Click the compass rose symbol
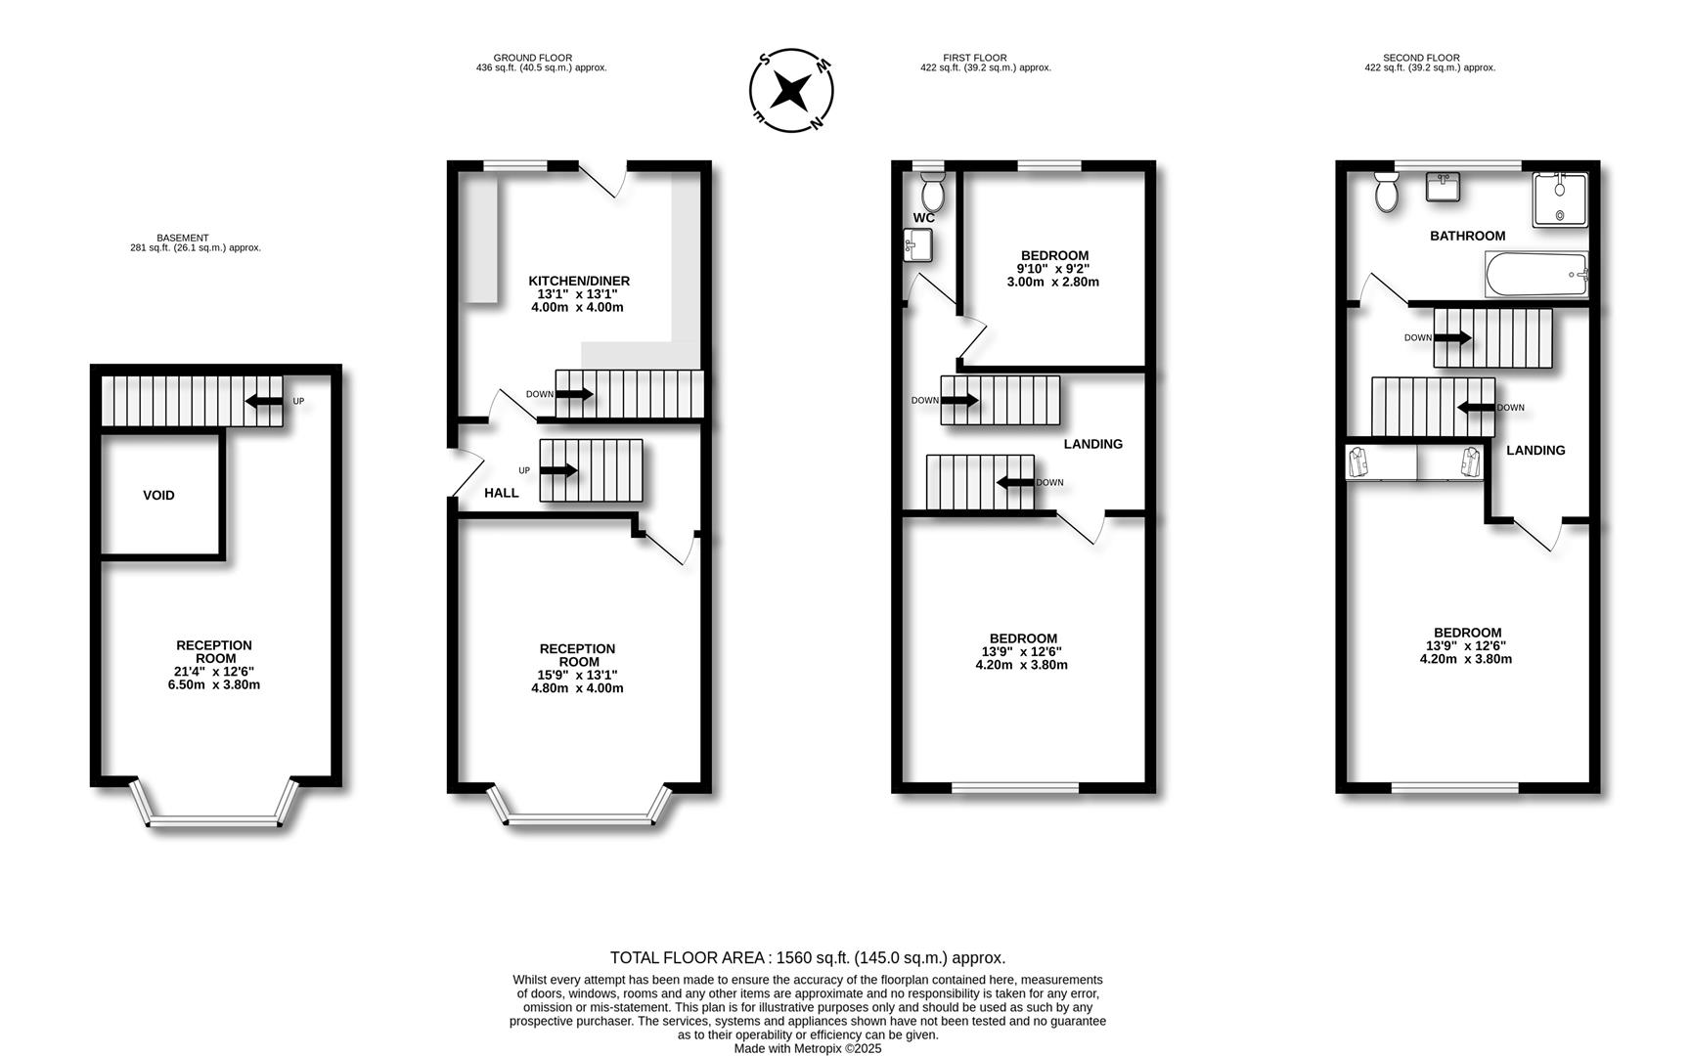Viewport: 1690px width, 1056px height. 790,91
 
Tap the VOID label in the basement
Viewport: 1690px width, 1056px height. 158,496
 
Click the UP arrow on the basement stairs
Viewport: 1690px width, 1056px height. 263,401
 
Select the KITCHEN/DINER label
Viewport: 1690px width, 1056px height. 579,281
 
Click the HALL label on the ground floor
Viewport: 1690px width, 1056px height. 501,493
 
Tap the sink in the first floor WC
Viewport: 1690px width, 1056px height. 916,245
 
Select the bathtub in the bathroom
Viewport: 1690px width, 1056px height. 1535,275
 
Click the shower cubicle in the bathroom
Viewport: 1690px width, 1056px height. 1559,199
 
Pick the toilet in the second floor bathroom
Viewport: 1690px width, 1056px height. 1386,193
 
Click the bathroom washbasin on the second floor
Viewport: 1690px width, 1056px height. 1443,186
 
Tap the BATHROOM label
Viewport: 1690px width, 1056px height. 1467,236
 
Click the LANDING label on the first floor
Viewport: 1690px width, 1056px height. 1092,444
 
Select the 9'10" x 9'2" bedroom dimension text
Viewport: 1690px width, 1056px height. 1052,269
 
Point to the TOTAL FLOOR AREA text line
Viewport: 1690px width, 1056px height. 807,958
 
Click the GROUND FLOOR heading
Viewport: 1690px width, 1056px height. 532,58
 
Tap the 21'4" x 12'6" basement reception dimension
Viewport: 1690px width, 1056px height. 213,672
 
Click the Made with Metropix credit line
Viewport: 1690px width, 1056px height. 807,1048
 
